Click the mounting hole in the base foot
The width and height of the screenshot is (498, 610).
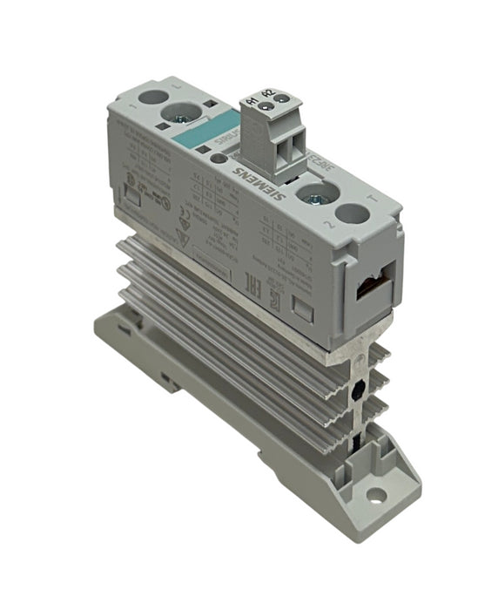coord(376,500)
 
